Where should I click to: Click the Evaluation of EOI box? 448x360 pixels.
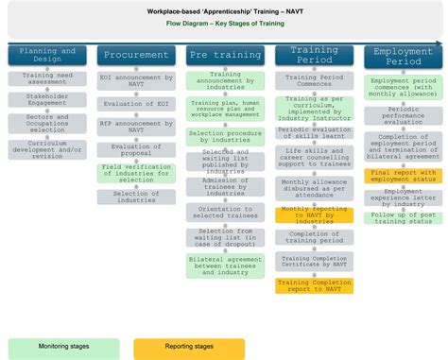point(135,102)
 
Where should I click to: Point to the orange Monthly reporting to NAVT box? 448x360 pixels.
point(314,215)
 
